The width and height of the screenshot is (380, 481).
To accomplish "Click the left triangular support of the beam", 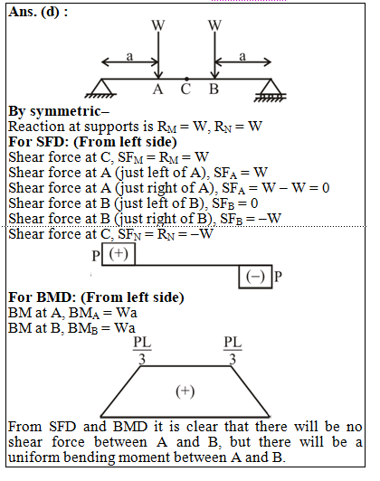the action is point(101,89).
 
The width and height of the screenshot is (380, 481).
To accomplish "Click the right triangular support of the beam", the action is point(271,90).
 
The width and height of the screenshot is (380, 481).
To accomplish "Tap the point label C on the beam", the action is point(185,90).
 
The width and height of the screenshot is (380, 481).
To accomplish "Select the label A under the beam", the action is point(157,90).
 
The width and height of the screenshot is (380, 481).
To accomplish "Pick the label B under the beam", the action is point(214,90).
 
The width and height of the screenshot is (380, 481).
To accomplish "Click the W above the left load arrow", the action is point(158,25).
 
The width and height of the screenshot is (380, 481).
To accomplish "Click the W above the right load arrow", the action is point(214,25).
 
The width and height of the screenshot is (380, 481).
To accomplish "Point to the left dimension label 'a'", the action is point(130,56).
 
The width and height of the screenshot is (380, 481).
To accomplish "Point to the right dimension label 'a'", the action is point(242,56).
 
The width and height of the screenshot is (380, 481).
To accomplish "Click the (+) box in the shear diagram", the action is point(119,254).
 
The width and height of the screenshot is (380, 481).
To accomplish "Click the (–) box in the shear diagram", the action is point(255,277).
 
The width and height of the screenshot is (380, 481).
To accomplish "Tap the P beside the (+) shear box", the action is point(96,256).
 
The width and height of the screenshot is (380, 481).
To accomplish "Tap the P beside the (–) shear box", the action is point(278,277).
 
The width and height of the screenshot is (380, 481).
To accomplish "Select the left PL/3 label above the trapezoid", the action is point(142,351).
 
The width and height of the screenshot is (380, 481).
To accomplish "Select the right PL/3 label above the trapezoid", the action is point(233,351).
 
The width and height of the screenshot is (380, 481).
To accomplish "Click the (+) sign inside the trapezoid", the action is point(185,391).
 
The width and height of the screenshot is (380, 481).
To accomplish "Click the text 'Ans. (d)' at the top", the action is point(34,13).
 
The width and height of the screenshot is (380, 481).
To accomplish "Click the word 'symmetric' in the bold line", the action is point(65,111).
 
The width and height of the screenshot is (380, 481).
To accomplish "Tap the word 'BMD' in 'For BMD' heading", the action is point(56,297).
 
